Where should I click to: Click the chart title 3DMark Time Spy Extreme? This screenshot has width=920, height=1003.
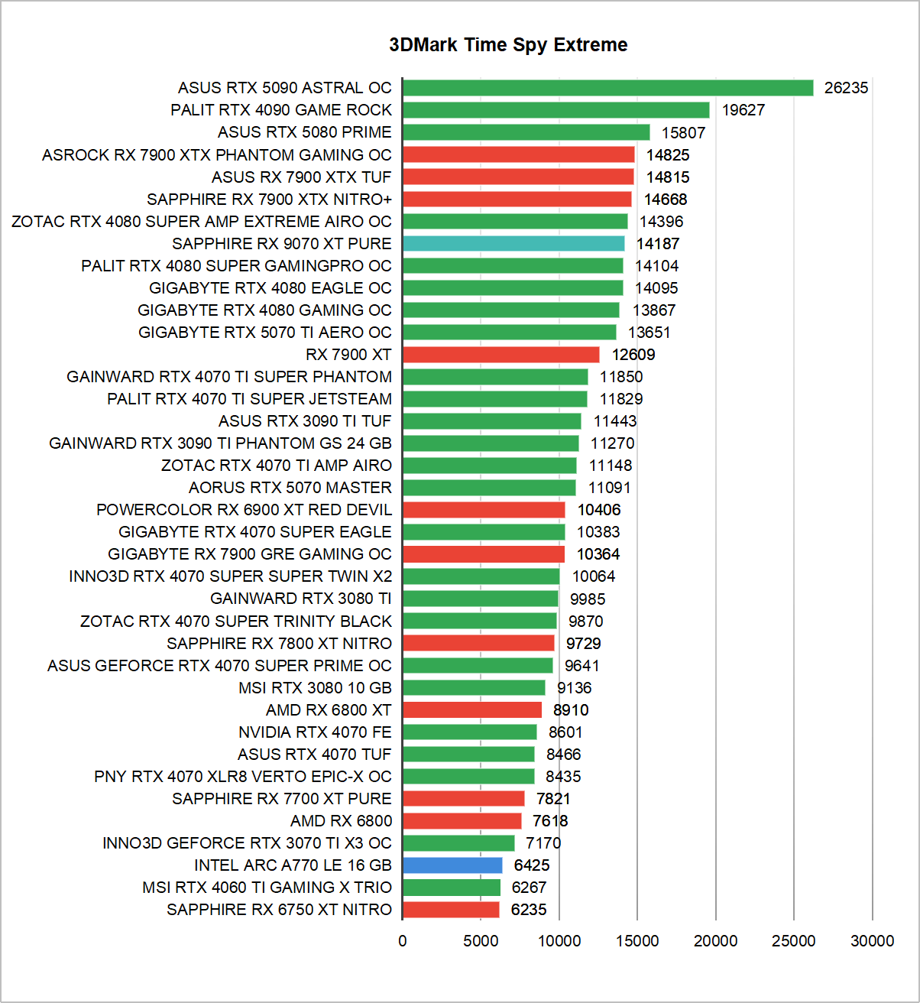coord(508,45)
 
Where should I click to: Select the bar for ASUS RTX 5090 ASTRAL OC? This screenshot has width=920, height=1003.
coord(607,88)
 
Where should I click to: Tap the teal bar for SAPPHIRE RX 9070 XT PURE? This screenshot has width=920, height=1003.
coord(513,244)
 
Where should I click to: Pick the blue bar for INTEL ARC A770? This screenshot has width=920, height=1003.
coord(452,865)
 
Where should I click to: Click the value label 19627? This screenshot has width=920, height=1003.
coord(743,110)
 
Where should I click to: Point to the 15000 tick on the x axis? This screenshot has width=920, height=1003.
coord(637,941)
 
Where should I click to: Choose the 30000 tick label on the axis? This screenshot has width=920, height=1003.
coord(872,941)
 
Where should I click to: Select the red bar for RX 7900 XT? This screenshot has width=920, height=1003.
coord(500,355)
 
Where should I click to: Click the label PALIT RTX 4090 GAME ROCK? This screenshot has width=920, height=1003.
coord(281,110)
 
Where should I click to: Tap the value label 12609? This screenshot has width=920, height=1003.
coord(633,355)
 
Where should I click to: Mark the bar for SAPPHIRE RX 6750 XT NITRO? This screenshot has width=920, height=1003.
coord(451,910)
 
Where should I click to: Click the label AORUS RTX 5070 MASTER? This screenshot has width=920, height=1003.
coord(290,488)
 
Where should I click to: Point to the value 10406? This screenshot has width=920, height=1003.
coord(599,510)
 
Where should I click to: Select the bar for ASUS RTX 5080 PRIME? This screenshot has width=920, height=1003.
coord(526,132)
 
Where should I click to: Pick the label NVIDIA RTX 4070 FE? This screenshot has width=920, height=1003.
coord(315,732)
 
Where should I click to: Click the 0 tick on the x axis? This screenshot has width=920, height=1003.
coord(403,941)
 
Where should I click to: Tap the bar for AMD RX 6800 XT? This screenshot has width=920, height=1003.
coord(471,710)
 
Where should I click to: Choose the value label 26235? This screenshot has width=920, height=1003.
coord(846,88)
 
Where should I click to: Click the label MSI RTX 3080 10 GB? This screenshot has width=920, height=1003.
coord(315,688)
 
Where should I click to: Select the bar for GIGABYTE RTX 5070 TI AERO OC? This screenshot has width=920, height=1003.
coord(509,333)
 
